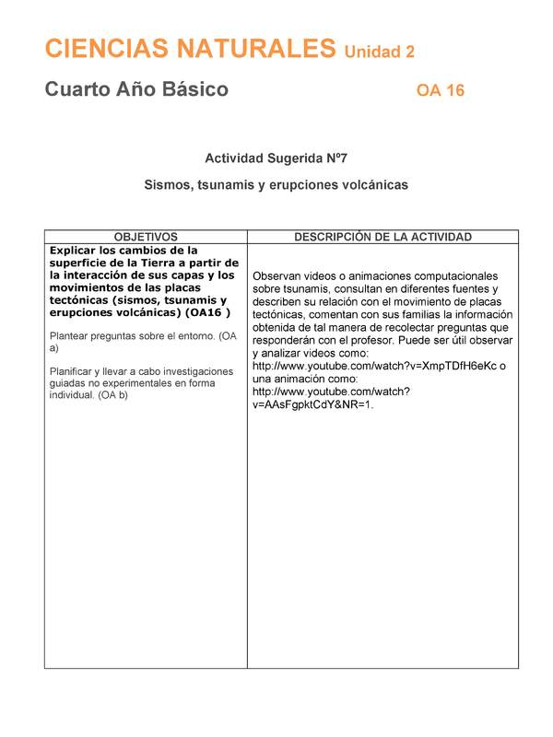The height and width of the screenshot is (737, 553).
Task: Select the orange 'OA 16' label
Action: point(440,90)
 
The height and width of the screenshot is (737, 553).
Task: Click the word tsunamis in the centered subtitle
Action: point(224,185)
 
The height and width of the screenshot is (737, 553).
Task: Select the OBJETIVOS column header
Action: point(146,237)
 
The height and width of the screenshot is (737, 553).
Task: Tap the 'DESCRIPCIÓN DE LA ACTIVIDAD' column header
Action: point(382,237)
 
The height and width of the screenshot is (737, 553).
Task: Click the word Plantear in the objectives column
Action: point(72,335)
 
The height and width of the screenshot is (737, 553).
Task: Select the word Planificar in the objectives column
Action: point(75,371)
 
